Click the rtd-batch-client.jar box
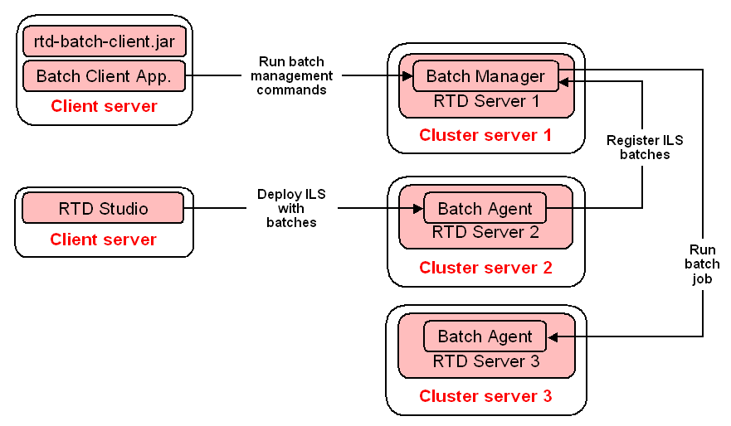click(x=104, y=41)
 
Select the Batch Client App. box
click(x=104, y=77)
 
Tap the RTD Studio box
click(x=103, y=208)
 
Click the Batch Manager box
click(x=485, y=76)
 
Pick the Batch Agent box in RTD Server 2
click(x=485, y=208)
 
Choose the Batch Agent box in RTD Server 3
click(x=485, y=336)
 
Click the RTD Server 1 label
click(x=485, y=101)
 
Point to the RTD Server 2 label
click(x=485, y=232)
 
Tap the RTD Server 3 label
click(x=485, y=361)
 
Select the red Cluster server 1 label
click(x=485, y=135)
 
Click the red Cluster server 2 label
click(x=485, y=267)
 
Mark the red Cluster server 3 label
click(x=485, y=396)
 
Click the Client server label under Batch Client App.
click(x=104, y=106)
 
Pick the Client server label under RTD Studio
click(x=103, y=240)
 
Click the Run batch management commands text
click(x=291, y=75)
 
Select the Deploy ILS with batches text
click(x=291, y=208)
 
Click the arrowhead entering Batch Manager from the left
click(x=407, y=76)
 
